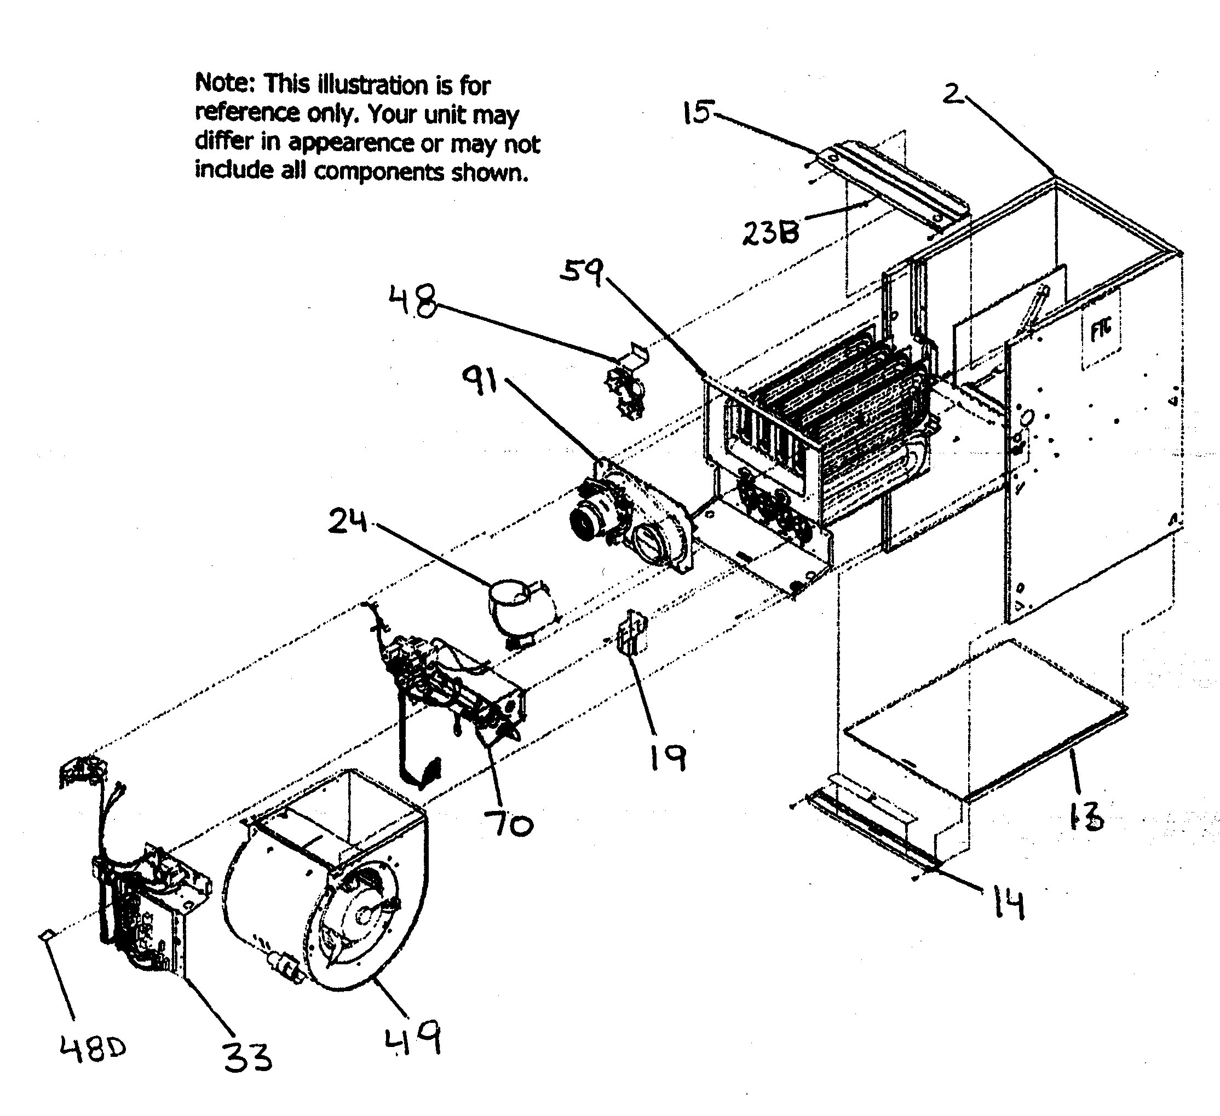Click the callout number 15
697,113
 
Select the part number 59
582,272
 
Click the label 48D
93,1048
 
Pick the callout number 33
248,1058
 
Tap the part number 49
413,1039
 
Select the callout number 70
508,824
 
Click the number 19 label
667,758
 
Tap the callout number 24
347,522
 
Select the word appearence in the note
350,142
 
